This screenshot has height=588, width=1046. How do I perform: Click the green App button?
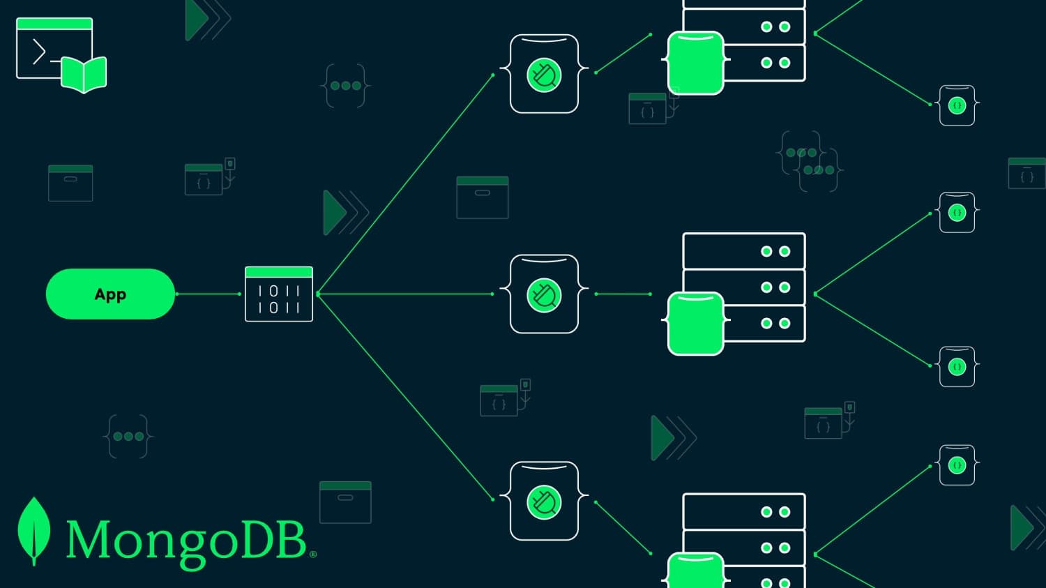(110, 294)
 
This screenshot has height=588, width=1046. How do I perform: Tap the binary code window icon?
(279, 294)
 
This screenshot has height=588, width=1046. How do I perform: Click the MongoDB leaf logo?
(33, 530)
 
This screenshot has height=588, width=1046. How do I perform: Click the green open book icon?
(84, 74)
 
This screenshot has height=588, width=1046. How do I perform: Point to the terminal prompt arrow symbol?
(39, 52)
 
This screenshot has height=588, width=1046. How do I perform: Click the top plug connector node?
(544, 74)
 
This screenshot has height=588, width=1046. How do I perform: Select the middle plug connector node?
(544, 294)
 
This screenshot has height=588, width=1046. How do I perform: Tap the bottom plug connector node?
(544, 501)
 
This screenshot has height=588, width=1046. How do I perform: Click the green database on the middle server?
(695, 324)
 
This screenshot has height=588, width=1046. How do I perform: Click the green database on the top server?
(695, 63)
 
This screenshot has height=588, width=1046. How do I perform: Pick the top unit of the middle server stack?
(743, 251)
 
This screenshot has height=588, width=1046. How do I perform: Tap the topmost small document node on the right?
(957, 105)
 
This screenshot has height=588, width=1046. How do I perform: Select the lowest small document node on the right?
(957, 465)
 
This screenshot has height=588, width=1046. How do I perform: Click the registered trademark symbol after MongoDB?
(312, 555)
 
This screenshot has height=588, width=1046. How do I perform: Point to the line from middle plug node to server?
(623, 294)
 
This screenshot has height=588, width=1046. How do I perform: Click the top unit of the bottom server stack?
(743, 511)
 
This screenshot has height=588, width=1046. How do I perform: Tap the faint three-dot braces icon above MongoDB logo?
(128, 437)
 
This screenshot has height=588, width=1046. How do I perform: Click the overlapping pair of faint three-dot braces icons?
(809, 161)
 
